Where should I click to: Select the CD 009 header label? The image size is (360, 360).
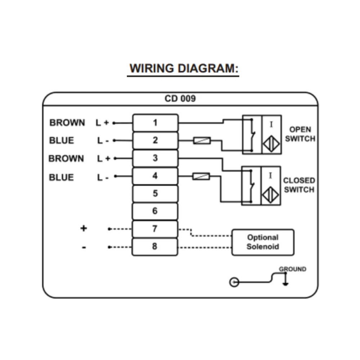click(180, 99)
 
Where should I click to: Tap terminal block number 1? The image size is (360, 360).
click(155, 123)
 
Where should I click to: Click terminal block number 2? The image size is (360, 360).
click(155, 140)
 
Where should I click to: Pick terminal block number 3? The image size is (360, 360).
click(155, 158)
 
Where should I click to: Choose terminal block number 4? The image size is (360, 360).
click(155, 176)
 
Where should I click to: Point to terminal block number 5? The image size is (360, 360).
click(155, 194)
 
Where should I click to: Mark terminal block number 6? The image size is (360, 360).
click(155, 211)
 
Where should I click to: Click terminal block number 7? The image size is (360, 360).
click(155, 229)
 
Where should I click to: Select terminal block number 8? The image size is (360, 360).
click(155, 247)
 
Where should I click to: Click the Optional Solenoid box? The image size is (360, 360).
click(262, 242)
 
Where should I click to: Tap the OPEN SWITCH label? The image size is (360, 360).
click(300, 134)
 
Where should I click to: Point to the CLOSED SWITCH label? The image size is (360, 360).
click(299, 185)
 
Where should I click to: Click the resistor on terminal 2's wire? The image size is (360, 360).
click(202, 140)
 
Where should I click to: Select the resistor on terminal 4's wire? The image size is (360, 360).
click(202, 176)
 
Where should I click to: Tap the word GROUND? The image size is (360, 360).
click(293, 269)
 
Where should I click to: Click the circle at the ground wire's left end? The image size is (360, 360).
click(234, 282)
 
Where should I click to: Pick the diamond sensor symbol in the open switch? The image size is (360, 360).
click(271, 144)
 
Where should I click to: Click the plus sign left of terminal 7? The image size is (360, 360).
click(84, 228)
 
